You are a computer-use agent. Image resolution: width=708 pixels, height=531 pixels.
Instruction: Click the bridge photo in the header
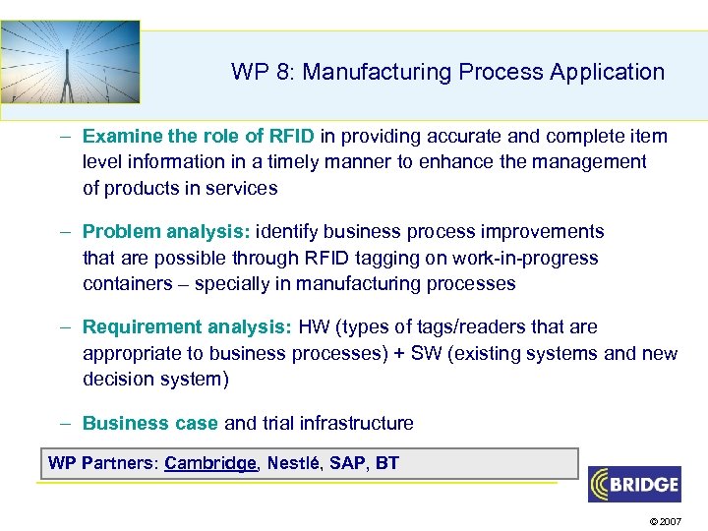tap(70, 61)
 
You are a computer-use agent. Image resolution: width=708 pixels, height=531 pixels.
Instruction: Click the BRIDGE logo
tap(634, 484)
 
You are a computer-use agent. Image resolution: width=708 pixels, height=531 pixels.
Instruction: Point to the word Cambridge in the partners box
tap(210, 463)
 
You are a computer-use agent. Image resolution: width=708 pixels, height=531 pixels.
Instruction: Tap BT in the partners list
tap(387, 463)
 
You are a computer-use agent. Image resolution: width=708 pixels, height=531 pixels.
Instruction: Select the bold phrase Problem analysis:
tap(167, 232)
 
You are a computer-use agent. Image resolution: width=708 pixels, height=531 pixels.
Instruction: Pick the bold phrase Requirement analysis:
tap(186, 327)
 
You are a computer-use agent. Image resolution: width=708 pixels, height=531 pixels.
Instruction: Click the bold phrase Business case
tap(150, 424)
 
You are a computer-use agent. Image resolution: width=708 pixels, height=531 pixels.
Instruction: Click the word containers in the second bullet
tap(124, 284)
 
